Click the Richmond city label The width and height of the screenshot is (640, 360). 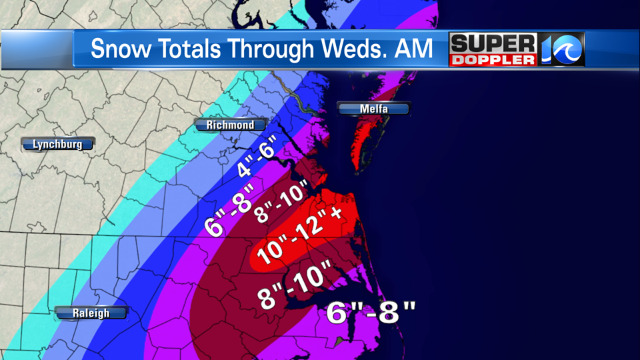(x=230, y=125)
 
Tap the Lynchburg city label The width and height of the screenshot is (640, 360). (x=57, y=144)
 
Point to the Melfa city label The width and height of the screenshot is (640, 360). (x=373, y=109)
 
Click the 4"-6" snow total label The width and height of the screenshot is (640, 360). (x=257, y=161)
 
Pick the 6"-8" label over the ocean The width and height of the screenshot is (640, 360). (x=371, y=311)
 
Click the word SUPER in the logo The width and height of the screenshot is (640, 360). (x=493, y=44)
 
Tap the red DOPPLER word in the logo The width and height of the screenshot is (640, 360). (x=493, y=59)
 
